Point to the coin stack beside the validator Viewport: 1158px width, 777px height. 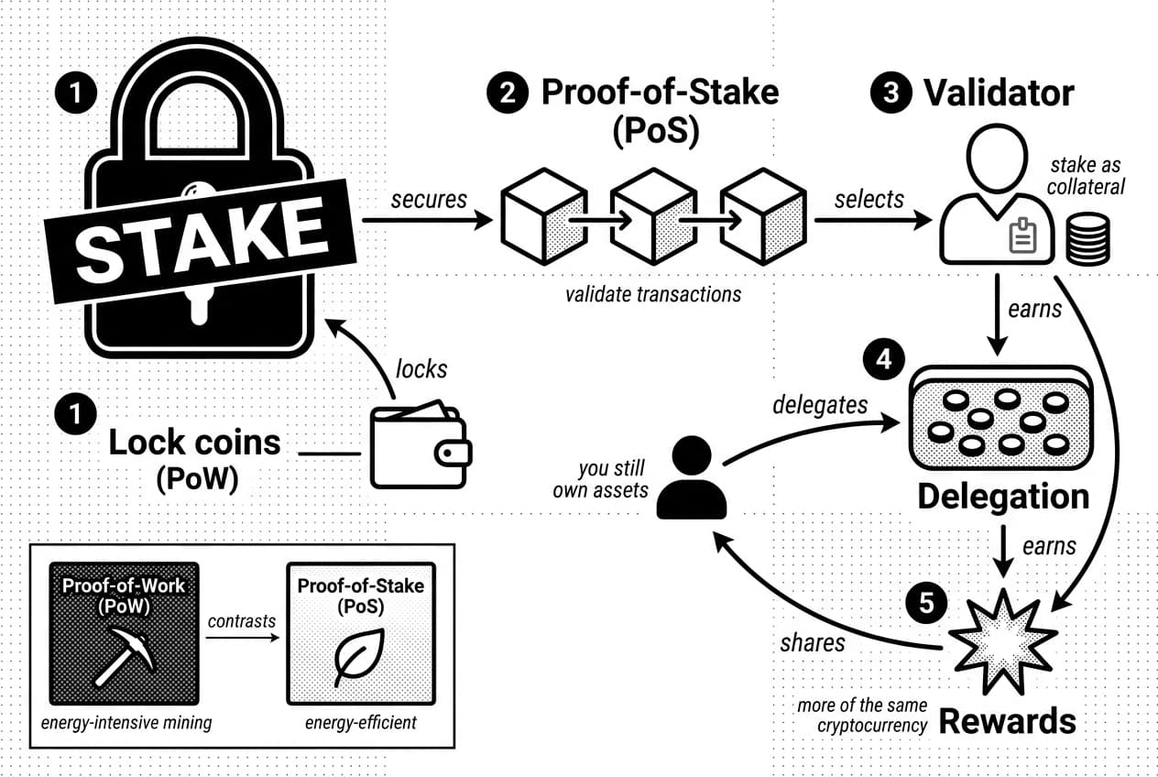[1087, 238]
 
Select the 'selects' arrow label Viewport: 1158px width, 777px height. [869, 199]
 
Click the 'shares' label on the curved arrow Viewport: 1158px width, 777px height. [813, 642]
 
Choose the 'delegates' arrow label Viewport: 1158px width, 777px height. [819, 404]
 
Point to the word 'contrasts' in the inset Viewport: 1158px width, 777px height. [242, 620]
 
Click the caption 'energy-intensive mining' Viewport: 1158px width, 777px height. [126, 723]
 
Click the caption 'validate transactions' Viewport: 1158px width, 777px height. [653, 294]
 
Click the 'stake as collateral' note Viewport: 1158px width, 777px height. [1087, 175]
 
